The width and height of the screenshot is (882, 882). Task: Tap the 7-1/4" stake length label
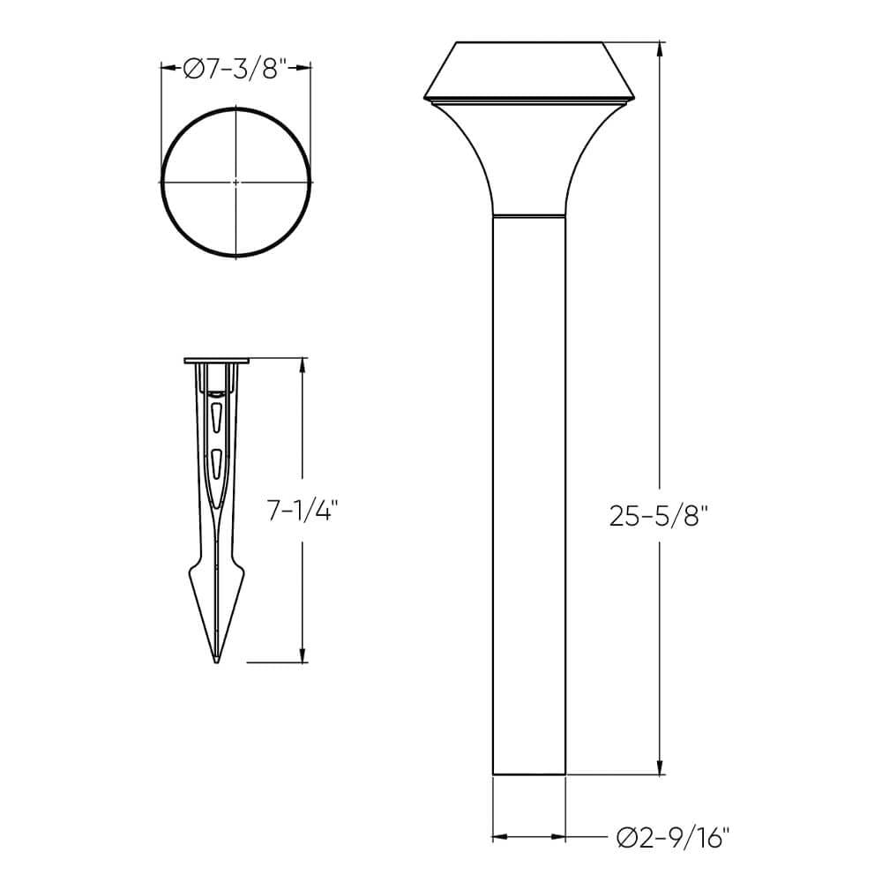[303, 512]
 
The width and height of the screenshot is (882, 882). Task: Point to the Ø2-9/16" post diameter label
[674, 836]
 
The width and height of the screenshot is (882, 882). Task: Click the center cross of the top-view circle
[235, 183]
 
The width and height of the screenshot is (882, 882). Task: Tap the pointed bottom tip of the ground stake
[216, 660]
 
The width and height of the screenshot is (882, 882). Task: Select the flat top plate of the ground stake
[217, 361]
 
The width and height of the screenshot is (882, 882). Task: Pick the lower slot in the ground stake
[216, 461]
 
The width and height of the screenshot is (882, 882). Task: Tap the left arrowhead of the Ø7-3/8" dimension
[166, 65]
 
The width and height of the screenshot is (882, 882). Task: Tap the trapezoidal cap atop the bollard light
[529, 71]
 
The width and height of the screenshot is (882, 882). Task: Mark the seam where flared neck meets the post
[528, 214]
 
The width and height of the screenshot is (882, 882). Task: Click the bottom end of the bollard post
[528, 774]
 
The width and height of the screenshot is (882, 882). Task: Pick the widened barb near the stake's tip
[216, 582]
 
